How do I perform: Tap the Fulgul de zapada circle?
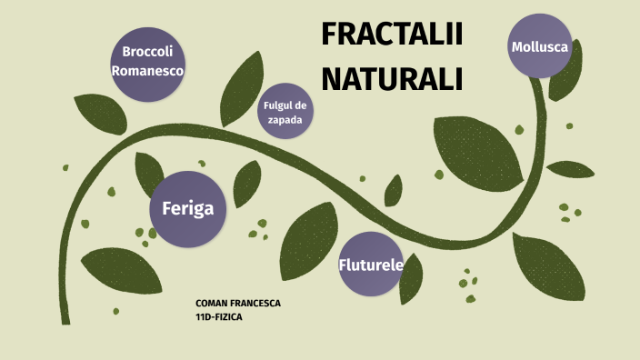(285, 111)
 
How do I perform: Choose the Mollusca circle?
(540, 46)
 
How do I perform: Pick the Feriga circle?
(187, 209)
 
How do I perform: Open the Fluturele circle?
(370, 265)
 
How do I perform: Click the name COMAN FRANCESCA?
(238, 303)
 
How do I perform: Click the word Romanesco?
(148, 70)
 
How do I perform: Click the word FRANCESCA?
(256, 303)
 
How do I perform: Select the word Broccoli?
(148, 51)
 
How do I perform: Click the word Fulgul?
(275, 105)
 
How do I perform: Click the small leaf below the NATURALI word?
(394, 190)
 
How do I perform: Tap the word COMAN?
(212, 303)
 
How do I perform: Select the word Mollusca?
(540, 46)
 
